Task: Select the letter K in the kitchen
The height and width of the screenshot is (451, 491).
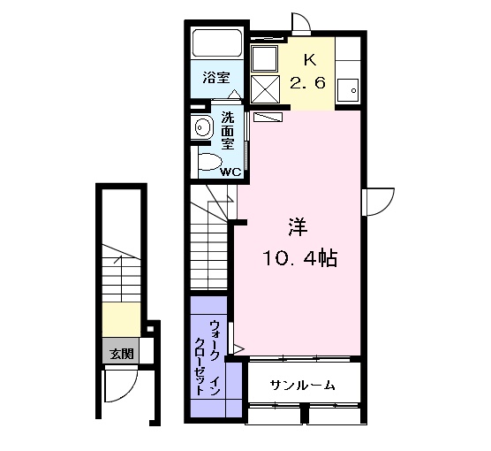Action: point(309,60)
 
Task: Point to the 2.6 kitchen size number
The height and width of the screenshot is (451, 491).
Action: point(309,84)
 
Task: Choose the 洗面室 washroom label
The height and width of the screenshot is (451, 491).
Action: point(228,129)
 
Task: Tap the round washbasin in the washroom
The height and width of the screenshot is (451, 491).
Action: point(201,127)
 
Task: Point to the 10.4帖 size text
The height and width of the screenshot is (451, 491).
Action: point(298,258)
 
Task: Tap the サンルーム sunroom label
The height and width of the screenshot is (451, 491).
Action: point(302,385)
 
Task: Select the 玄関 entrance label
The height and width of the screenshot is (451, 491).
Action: point(121,354)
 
